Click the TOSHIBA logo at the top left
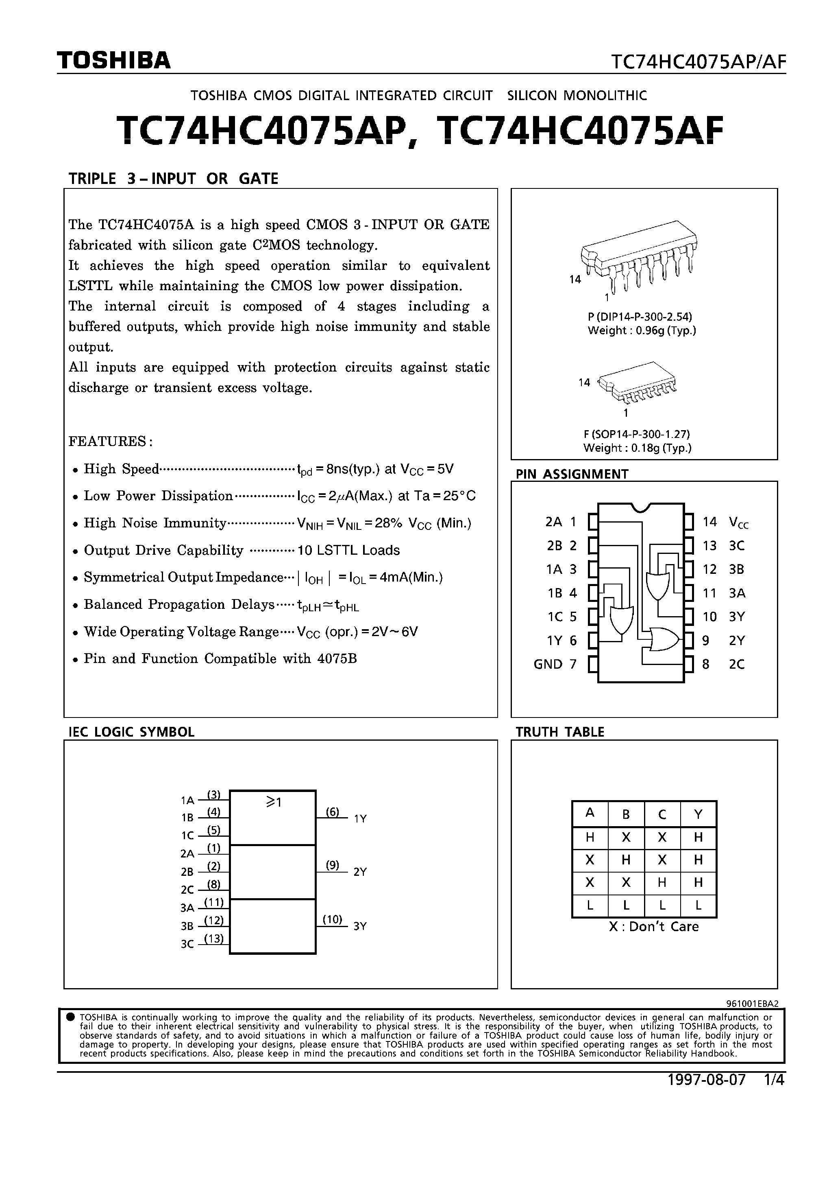click(114, 61)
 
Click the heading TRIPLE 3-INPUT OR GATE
click(174, 179)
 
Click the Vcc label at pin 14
click(738, 523)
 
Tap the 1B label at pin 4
click(554, 593)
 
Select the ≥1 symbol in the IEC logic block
click(274, 802)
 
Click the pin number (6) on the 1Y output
click(333, 812)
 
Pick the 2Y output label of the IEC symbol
click(360, 872)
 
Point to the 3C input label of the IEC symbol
click(187, 944)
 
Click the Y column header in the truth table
click(698, 814)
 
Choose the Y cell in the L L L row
click(698, 906)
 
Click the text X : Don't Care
click(653, 927)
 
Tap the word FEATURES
click(110, 442)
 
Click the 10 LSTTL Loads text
click(348, 550)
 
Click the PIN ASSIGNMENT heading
click(572, 474)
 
